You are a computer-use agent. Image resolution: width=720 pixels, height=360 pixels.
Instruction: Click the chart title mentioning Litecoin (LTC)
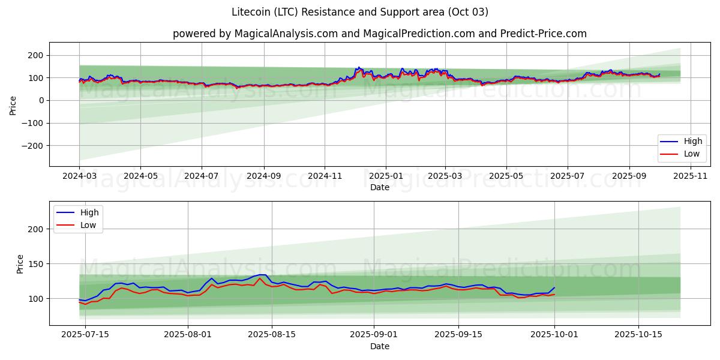tap(360, 12)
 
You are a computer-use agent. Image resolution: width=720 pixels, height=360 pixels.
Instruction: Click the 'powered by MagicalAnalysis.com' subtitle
tap(379, 34)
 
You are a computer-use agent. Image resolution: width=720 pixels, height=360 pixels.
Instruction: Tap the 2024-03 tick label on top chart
tap(79, 176)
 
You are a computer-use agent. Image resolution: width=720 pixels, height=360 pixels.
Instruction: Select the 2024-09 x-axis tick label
tap(264, 176)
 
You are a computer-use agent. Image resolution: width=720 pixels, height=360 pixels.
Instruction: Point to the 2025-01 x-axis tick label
tap(386, 176)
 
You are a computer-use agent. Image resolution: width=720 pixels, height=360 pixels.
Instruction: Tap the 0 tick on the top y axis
tap(42, 101)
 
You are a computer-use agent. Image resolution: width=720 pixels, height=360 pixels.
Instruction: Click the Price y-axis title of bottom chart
tap(20, 264)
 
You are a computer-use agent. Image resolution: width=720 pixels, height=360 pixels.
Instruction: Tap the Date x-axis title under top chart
tap(379, 187)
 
